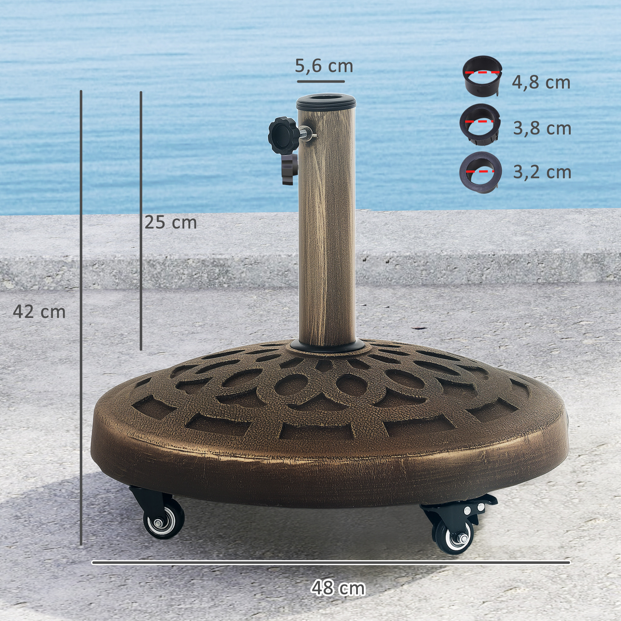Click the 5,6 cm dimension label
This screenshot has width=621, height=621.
tap(324, 66)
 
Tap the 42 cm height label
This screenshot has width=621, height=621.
tap(39, 312)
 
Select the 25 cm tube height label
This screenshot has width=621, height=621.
tap(170, 222)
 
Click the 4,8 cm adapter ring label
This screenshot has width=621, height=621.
tap(541, 83)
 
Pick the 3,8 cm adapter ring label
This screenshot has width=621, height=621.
tap(542, 129)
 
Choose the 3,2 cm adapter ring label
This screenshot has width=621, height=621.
tap(542, 172)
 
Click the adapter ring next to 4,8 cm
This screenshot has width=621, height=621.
tap(482, 76)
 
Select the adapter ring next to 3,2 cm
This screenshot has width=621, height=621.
tap(481, 172)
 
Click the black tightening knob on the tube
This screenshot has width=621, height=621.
tap(283, 134)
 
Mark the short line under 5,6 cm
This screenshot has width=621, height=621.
tap(321, 82)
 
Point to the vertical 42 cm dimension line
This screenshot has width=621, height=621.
tap(81, 318)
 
